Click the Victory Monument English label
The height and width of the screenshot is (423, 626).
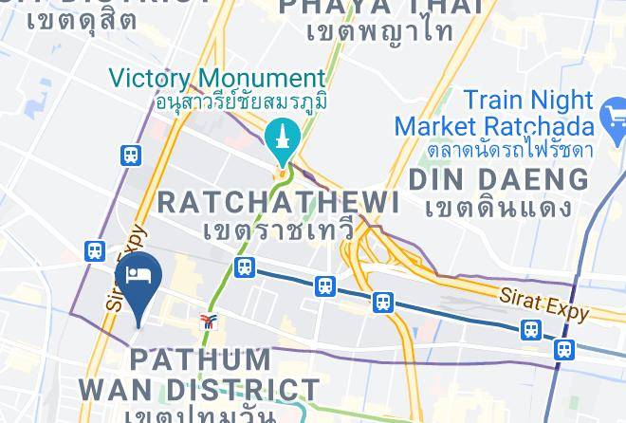(x=217, y=78)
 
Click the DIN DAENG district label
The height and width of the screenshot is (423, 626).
(x=498, y=179)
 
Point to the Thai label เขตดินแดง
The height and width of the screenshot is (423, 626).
(x=498, y=207)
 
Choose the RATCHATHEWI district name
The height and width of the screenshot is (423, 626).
(x=277, y=202)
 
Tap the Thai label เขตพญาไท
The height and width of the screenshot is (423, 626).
(x=379, y=31)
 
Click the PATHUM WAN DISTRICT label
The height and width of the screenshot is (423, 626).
(x=199, y=375)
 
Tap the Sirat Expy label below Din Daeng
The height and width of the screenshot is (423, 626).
(x=543, y=302)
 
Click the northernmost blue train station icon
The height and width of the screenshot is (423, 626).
(x=131, y=155)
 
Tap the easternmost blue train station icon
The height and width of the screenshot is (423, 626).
(x=564, y=349)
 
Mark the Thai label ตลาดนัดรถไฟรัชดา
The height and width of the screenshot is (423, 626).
(x=497, y=151)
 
